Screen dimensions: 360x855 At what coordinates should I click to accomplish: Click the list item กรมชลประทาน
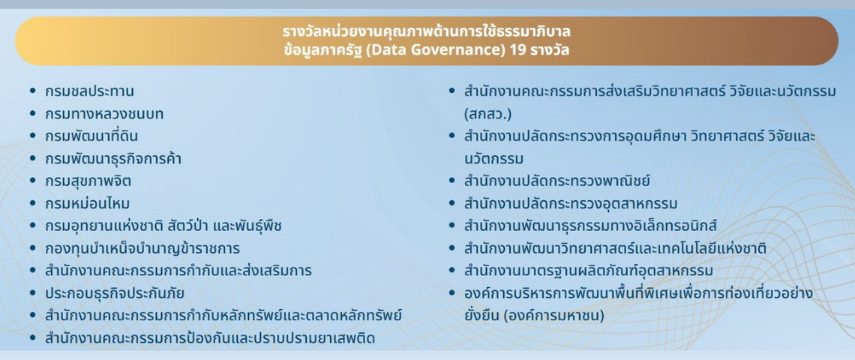[89, 91]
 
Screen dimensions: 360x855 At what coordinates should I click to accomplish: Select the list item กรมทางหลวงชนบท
[103, 114]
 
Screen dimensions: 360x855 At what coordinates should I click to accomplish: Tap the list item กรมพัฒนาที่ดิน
[91, 136]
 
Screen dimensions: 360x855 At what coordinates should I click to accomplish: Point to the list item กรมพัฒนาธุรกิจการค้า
[112, 159]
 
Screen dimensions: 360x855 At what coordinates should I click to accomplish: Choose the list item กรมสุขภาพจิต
[88, 181]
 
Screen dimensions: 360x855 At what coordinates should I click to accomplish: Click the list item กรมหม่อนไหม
[86, 203]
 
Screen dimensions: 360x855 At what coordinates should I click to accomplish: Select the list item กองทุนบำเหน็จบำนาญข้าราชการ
[142, 248]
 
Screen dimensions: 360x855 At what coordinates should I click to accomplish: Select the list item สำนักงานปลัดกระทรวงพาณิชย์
[556, 181]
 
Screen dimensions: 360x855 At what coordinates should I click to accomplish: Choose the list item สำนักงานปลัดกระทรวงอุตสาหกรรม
[571, 203]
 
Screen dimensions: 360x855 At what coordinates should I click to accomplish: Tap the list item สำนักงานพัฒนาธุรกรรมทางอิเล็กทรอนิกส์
[591, 226]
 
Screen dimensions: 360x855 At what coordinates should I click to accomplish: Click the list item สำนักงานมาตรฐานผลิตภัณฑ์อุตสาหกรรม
[588, 271]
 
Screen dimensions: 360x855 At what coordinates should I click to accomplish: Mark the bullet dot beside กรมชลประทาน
[32, 91]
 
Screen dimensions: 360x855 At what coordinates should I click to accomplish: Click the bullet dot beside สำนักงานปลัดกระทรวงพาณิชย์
[451, 181]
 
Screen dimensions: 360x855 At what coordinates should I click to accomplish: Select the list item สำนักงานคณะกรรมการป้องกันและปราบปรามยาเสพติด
[210, 338]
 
